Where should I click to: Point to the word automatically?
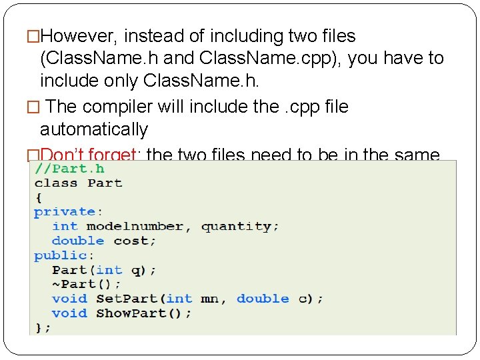coord(93,129)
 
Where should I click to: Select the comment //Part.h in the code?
coord(69,169)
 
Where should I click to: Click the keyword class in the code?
coord(57,183)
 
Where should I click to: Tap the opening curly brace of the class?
coord(38,197)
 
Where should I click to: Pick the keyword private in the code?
coord(65,212)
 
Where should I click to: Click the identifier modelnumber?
coord(135,227)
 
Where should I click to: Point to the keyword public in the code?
coord(61,255)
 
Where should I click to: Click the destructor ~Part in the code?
coord(73,284)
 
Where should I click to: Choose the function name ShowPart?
coord(133,313)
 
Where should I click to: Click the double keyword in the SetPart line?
coord(263,299)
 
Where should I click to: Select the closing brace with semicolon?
coord(43,327)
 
